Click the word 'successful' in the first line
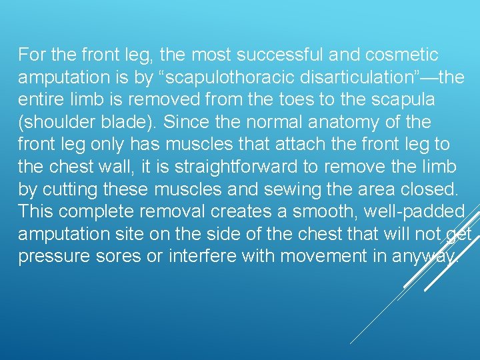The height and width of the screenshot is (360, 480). (x=267, y=55)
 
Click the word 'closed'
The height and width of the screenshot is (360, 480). (x=435, y=191)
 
